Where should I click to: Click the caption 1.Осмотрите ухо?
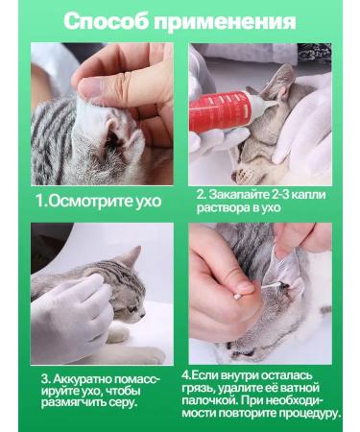pos(99,202)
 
